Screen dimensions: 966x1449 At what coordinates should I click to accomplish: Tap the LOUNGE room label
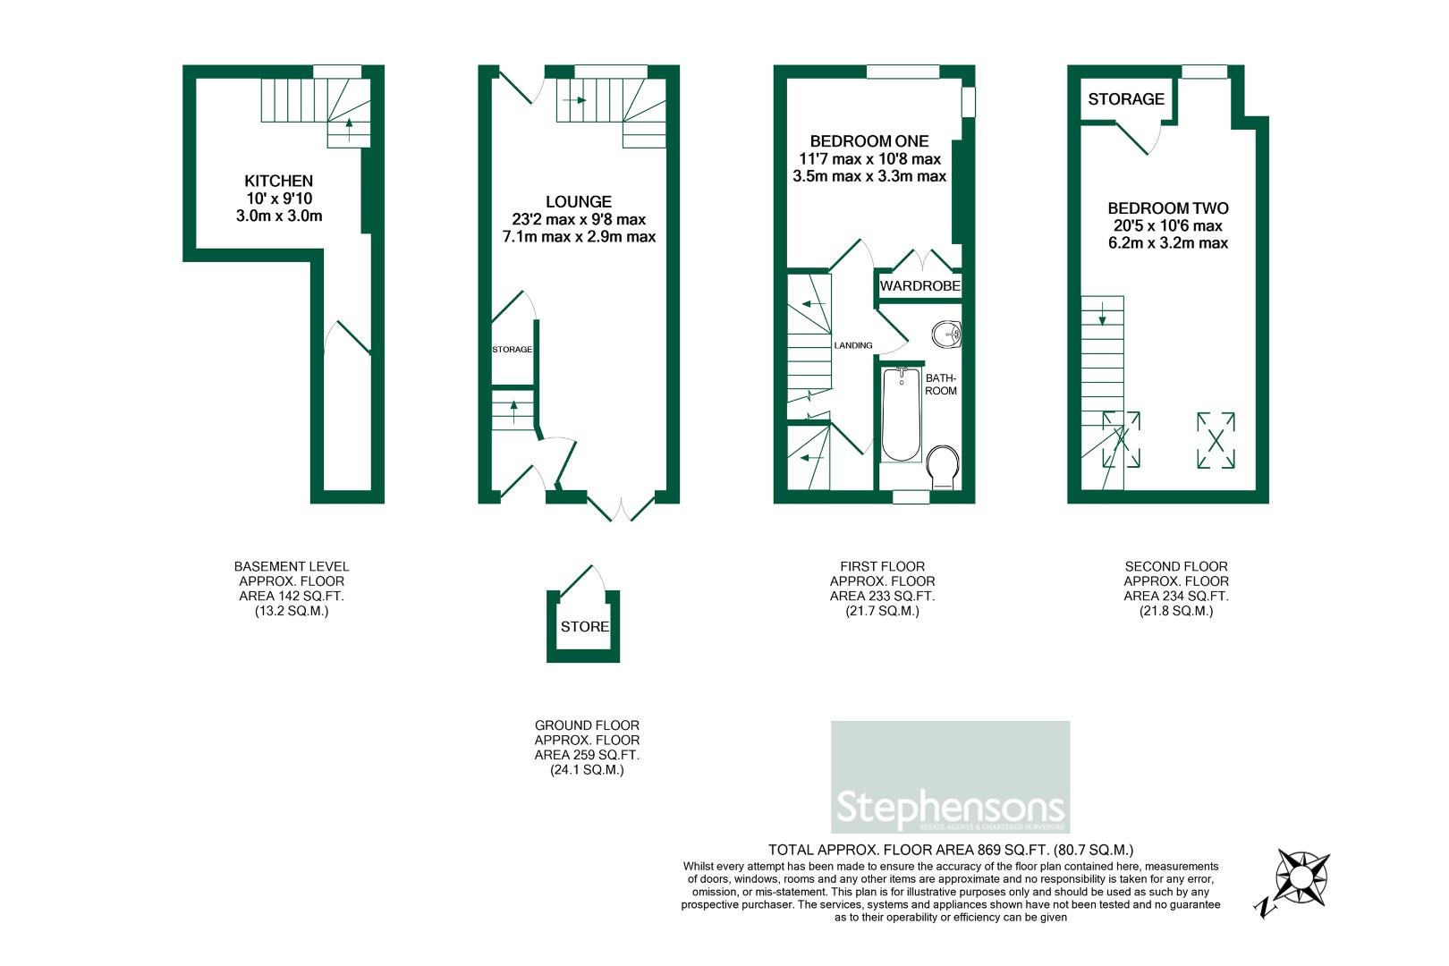pos(579,202)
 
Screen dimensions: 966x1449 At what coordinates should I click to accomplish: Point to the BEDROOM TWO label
pos(1167,208)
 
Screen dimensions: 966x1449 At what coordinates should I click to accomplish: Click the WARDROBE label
pos(920,286)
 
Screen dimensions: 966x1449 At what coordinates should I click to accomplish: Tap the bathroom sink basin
pos(945,335)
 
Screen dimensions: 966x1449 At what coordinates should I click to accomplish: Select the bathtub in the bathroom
pos(901,415)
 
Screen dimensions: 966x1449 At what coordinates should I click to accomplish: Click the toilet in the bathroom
pos(944,468)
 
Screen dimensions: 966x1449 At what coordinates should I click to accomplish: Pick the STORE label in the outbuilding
pos(584,627)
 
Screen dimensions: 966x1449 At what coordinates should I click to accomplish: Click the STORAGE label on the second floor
pos(1126,99)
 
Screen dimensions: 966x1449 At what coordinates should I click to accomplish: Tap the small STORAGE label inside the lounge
pos(512,350)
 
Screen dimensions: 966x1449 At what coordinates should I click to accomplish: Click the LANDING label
pos(852,345)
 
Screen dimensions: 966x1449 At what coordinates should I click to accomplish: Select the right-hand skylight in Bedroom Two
pos(1216,439)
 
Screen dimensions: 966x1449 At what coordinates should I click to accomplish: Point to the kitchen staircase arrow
pos(348,124)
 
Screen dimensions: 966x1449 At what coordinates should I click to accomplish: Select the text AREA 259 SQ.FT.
pos(587,755)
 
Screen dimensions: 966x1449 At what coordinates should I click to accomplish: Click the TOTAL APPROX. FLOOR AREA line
pos(951,850)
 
